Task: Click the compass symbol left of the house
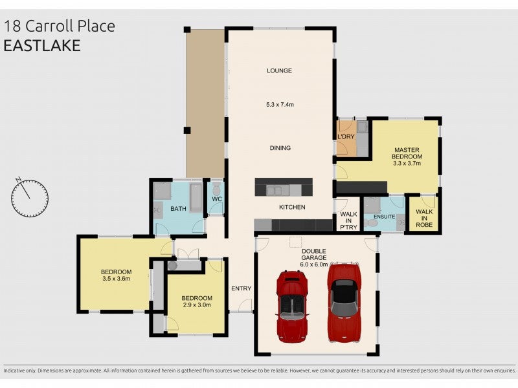30,198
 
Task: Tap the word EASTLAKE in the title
42,45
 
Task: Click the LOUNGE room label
279,70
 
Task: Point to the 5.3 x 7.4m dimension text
280,105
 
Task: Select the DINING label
280,148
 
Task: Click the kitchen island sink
274,191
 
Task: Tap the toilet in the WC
216,189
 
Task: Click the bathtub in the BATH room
196,198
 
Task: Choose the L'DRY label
346,136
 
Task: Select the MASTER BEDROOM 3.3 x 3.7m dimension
407,163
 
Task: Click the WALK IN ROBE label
424,218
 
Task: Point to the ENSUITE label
384,217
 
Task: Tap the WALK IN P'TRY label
348,221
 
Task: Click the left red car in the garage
292,306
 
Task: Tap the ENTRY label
241,288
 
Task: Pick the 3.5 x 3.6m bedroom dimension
117,279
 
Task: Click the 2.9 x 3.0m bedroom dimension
197,305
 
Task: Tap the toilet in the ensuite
372,223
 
